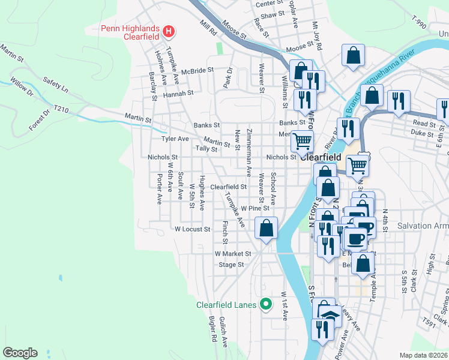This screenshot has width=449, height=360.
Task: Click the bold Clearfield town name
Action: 320,157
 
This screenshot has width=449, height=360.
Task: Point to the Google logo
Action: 20,353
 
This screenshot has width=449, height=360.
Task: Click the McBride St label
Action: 197,70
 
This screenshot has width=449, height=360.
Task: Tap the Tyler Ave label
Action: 175,139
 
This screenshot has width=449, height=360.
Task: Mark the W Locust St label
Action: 192,229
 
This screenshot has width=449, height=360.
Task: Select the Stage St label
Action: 231,264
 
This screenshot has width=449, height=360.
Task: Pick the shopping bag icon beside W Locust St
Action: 266,228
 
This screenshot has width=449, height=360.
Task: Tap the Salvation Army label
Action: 423,226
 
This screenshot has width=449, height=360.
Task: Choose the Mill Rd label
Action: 208,29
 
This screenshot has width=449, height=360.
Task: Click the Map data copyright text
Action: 424,355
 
